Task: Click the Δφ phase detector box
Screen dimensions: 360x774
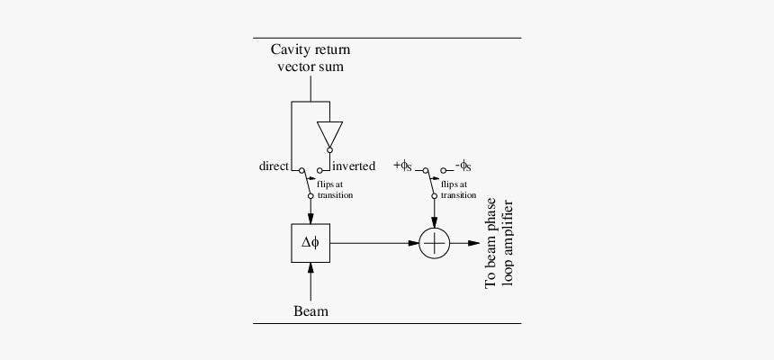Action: pos(310,242)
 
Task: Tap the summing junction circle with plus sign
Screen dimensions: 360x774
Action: pos(436,242)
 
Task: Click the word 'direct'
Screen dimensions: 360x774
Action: pos(274,166)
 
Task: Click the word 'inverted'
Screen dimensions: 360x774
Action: pos(354,166)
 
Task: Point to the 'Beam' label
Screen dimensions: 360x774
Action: pos(310,311)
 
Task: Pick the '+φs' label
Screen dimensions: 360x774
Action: pos(402,166)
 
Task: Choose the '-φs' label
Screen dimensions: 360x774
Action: pos(463,166)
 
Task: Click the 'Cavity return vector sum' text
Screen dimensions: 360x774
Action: pos(310,58)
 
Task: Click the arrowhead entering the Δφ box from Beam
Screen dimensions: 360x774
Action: pos(310,266)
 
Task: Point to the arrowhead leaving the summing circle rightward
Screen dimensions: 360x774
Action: pos(473,242)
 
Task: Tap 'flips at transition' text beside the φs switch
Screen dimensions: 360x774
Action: pos(458,189)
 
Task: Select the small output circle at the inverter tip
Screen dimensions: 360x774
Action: pos(329,149)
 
